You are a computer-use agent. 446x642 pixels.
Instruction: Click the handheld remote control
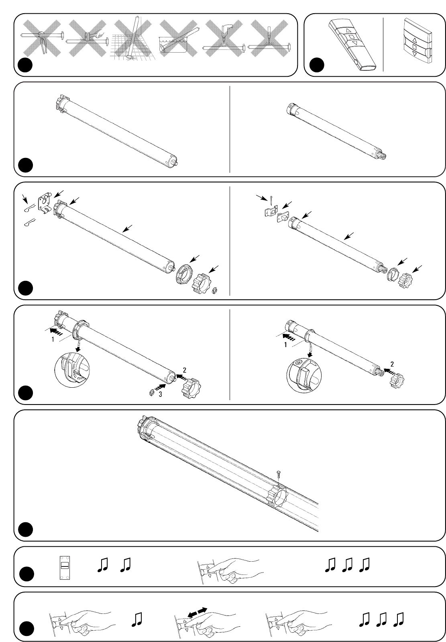pos(352,45)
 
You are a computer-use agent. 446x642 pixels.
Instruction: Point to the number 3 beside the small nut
pos(160,395)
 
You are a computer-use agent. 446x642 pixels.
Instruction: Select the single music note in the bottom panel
pos(137,619)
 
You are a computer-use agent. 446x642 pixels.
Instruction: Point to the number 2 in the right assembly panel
pos(392,364)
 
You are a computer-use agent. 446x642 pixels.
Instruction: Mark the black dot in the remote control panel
pos(318,65)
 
